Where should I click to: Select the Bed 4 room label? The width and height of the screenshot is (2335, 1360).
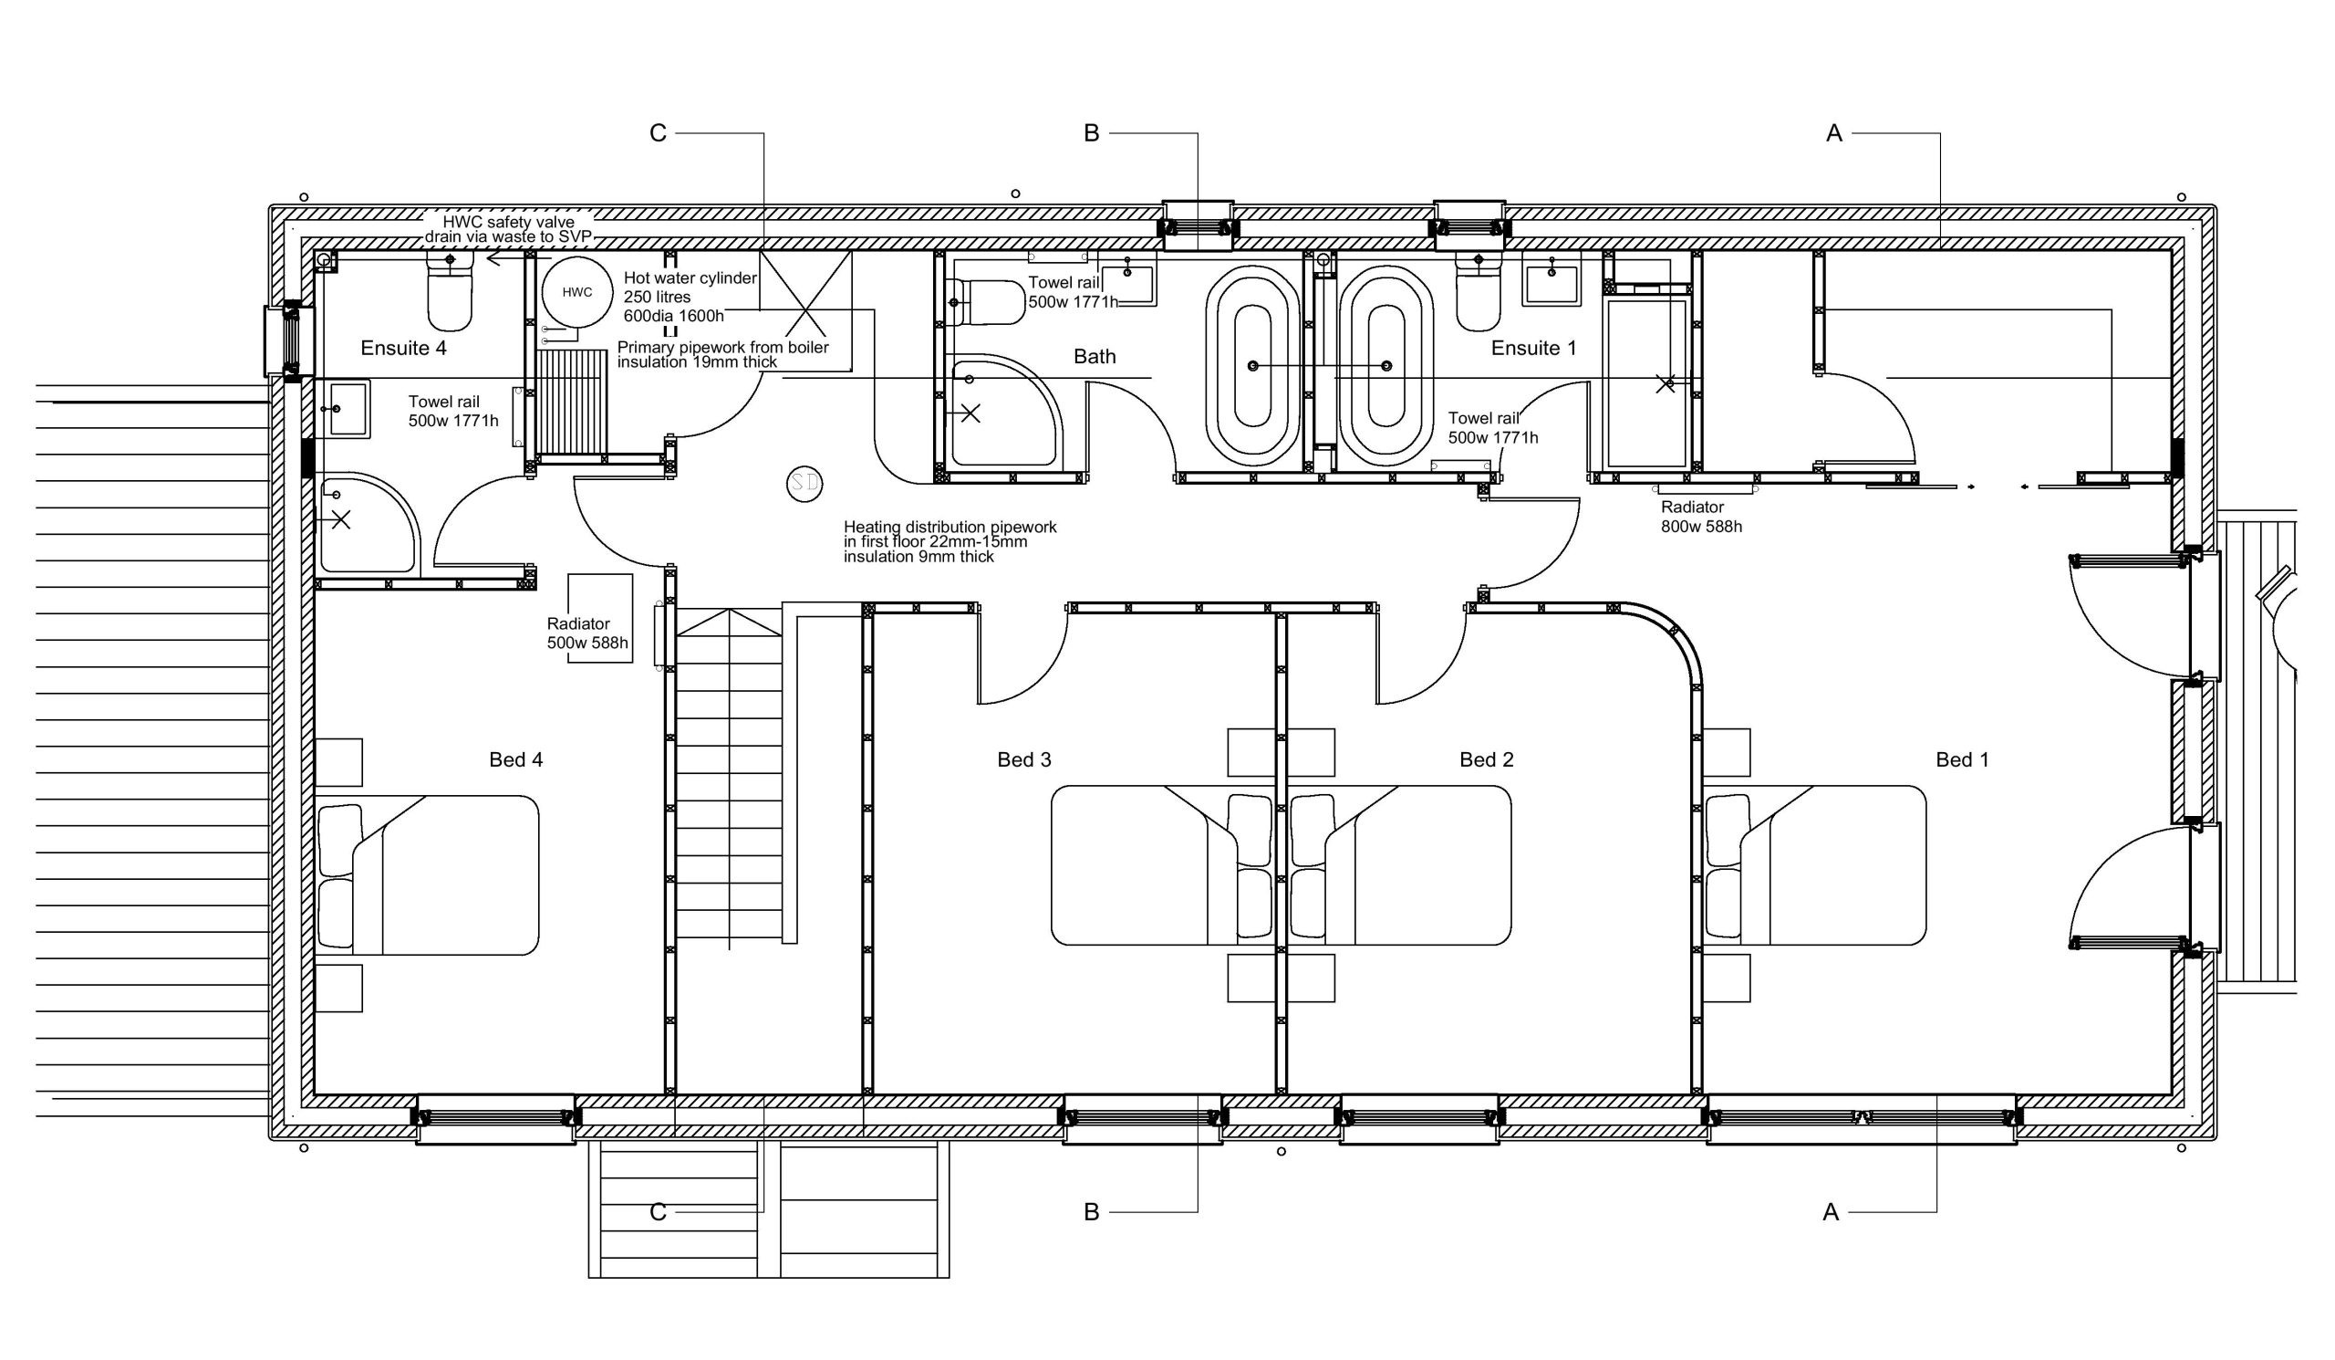coord(516,760)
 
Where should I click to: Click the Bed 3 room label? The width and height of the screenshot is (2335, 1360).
coord(1024,760)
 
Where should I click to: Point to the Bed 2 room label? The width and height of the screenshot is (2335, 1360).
coord(1486,760)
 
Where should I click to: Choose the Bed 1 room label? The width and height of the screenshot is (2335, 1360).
coord(1962,760)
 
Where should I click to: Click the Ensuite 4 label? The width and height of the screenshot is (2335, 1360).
coord(403,348)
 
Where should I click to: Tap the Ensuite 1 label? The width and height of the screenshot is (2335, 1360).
coord(1533,348)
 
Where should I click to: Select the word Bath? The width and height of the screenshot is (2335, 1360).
coord(1095,357)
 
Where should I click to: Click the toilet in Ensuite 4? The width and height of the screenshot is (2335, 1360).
coord(450,289)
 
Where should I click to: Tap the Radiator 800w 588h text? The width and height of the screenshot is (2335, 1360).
coord(1701,518)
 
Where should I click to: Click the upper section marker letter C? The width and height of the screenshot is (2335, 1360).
coord(658,133)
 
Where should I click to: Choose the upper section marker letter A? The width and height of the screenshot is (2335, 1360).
coord(1833,133)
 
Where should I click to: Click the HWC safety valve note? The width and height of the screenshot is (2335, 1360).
coord(508,229)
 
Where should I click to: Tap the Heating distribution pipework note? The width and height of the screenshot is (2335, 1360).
coord(950,541)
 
